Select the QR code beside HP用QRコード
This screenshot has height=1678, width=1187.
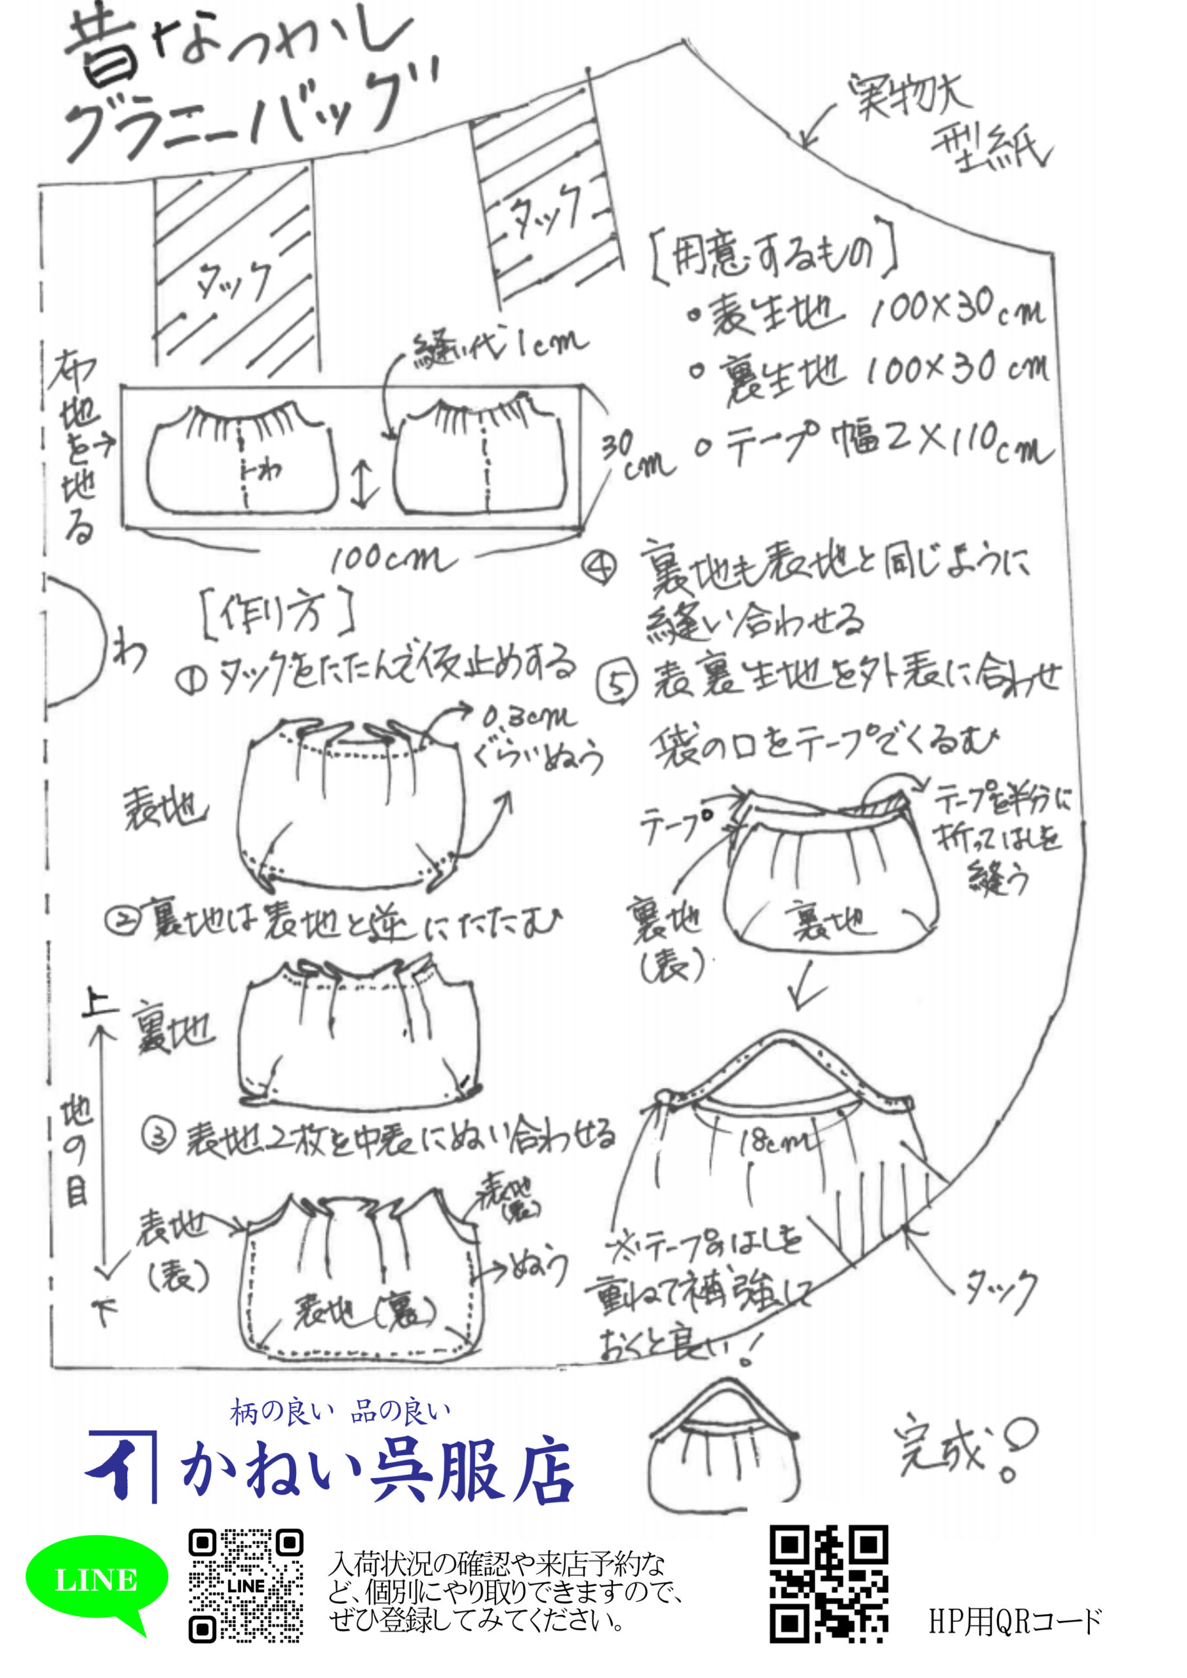(829, 1584)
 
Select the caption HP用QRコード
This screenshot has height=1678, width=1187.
(1015, 1622)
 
